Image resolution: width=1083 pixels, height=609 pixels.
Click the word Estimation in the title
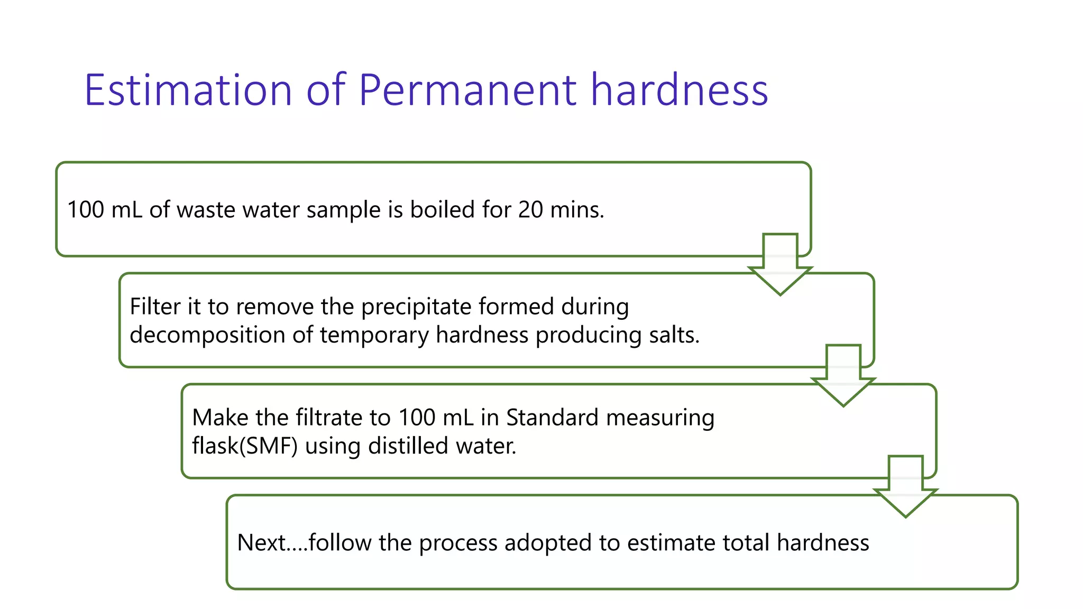tap(188, 90)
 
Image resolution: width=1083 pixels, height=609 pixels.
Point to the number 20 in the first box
tap(530, 210)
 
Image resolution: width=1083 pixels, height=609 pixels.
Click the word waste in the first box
tap(206, 210)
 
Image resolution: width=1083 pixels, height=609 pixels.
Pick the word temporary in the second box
tap(374, 335)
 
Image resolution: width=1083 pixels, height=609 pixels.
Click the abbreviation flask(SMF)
tap(245, 446)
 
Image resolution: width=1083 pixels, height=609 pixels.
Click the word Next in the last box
tap(261, 543)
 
